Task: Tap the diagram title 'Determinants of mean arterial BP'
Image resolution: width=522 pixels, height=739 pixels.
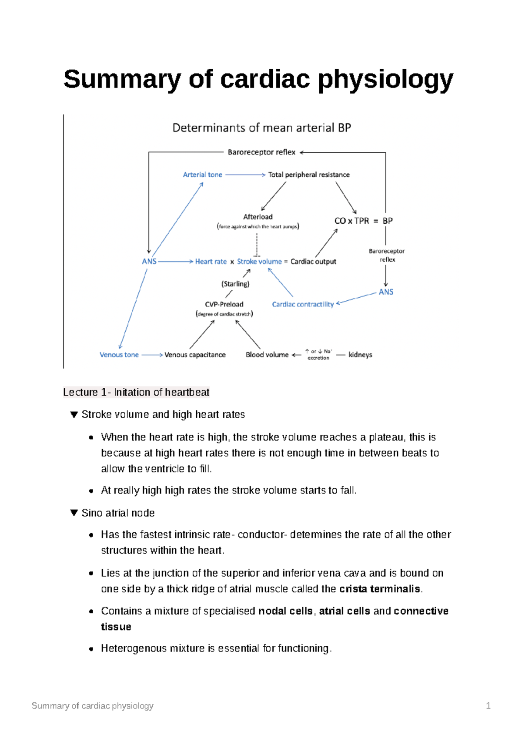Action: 261,128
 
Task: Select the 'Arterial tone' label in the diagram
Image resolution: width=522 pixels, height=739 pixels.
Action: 202,175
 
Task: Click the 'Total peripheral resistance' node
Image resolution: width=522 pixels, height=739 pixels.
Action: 308,175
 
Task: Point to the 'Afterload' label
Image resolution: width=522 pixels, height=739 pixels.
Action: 258,217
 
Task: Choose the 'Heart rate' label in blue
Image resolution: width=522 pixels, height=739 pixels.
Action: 211,262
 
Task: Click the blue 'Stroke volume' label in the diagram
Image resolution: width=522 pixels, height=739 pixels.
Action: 259,262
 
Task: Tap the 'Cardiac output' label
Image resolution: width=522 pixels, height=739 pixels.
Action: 313,262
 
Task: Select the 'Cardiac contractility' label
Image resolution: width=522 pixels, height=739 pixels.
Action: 303,304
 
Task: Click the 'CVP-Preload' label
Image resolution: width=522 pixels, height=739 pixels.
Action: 224,304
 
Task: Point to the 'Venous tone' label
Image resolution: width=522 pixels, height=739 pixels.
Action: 119,355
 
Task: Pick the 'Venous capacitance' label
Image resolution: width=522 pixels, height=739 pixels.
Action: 195,355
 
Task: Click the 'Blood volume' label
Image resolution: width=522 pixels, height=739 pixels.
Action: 267,355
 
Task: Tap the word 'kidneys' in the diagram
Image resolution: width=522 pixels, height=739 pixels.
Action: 360,355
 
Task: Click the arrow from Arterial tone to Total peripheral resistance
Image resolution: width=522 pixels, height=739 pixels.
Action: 245,175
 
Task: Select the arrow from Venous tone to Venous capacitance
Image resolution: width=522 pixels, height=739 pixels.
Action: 152,355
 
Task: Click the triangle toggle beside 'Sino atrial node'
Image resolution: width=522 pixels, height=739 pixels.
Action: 74,513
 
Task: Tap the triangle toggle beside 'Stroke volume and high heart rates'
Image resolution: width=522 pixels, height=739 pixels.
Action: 74,414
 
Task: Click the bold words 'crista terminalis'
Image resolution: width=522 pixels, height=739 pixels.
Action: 379,589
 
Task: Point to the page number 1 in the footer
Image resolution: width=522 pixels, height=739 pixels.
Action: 488,705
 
